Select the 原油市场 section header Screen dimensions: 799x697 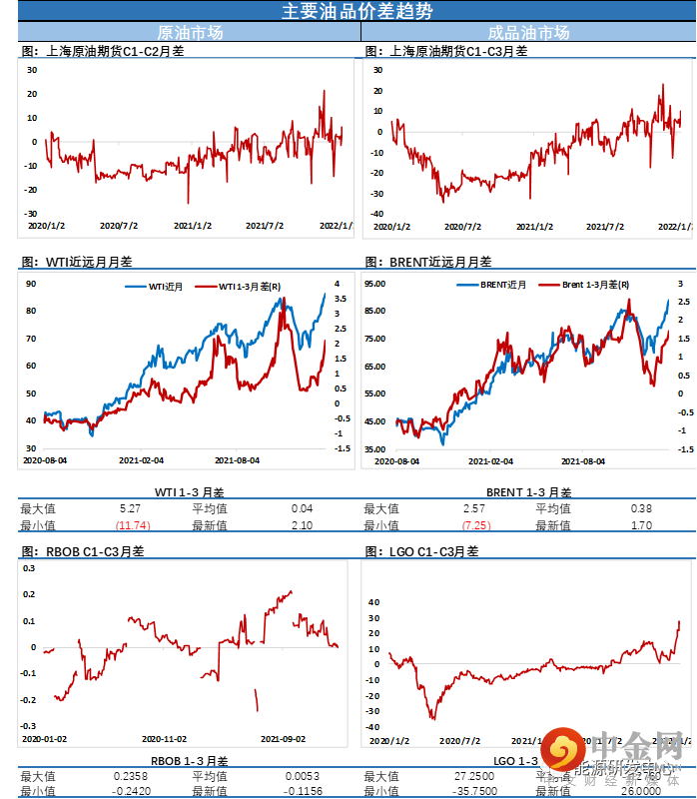[x=191, y=32]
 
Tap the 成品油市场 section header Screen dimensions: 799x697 [x=528, y=32]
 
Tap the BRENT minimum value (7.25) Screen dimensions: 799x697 [x=476, y=525]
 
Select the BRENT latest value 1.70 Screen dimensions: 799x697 [x=642, y=525]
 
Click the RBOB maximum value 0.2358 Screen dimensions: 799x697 [x=131, y=776]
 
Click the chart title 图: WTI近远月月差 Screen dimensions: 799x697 [x=76, y=262]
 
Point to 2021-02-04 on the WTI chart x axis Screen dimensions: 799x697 [x=141, y=460]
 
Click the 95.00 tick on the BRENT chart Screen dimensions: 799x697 [x=375, y=284]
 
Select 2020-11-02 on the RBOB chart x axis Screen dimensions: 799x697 [x=165, y=739]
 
